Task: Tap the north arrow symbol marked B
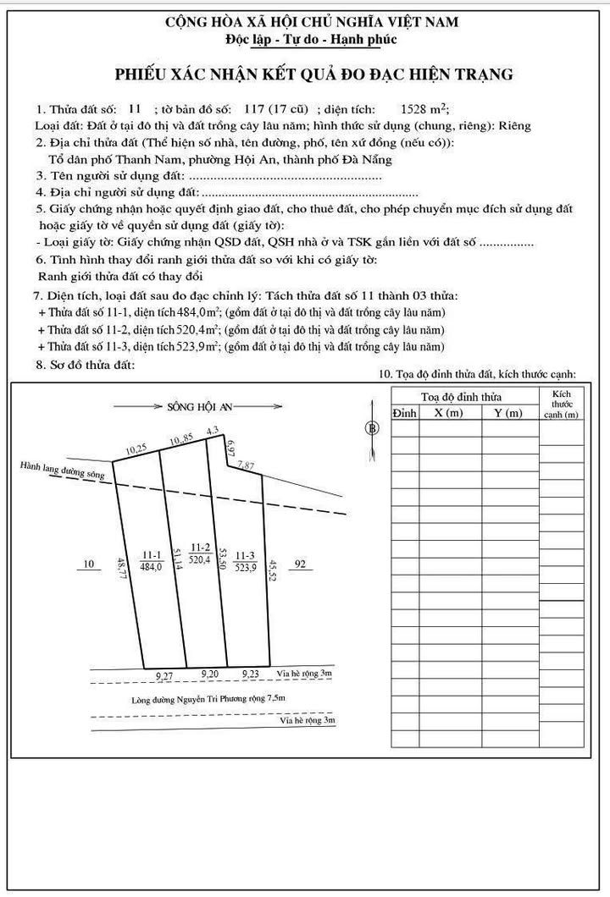(371, 428)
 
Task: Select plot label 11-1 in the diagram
(152, 554)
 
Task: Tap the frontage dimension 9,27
(166, 675)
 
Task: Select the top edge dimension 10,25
(136, 449)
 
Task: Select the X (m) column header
(449, 412)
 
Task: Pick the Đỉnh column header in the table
(404, 412)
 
